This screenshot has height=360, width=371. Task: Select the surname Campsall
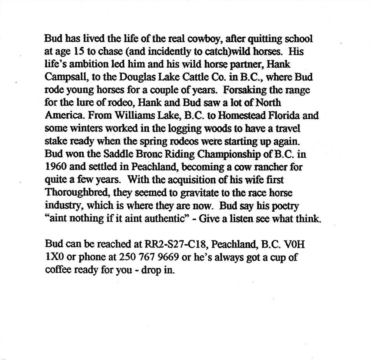pos(63,77)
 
